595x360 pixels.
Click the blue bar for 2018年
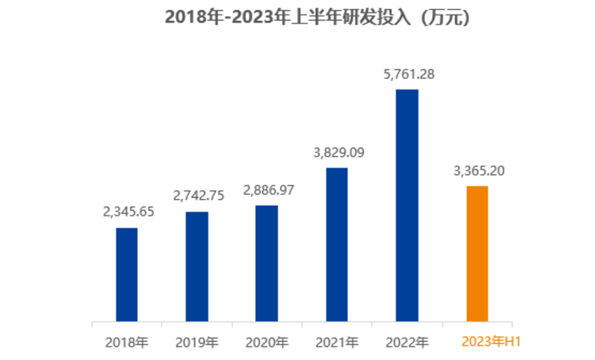click(x=127, y=274)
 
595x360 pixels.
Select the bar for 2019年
click(x=197, y=266)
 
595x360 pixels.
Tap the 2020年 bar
click(x=267, y=263)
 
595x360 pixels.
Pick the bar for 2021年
click(x=336, y=244)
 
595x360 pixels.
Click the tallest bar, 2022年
click(x=407, y=205)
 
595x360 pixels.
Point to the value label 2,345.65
click(x=128, y=211)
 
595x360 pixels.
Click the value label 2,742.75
click(x=198, y=195)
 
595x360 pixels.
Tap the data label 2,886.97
click(x=268, y=189)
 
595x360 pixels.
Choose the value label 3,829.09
click(x=337, y=152)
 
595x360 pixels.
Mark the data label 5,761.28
click(x=407, y=74)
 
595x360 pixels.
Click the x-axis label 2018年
click(x=127, y=341)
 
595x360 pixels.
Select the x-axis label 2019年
click(x=197, y=341)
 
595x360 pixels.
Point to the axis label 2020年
click(x=267, y=341)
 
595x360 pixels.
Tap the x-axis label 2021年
click(x=337, y=341)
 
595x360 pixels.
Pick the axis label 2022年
click(x=407, y=341)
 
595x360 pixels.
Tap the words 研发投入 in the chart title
click(x=380, y=19)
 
